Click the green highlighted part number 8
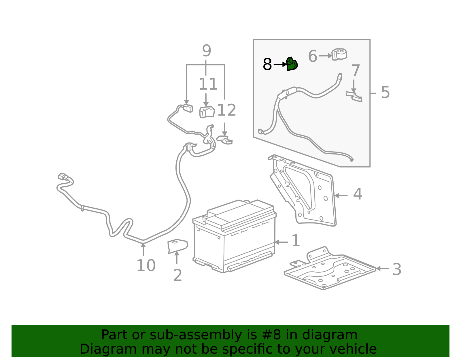[292, 64]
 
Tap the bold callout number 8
[267, 64]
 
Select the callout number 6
[312, 56]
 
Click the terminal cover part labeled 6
[339, 54]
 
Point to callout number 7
[356, 71]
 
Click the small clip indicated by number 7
[354, 96]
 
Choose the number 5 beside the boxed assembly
[385, 93]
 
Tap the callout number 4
[358, 194]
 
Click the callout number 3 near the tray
[397, 269]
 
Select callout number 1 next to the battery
[296, 241]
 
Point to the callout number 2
[177, 275]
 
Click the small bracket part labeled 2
[177, 246]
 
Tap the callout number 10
[146, 265]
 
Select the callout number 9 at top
[206, 51]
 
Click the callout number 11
[208, 84]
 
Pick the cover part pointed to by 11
[207, 112]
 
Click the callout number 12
[226, 110]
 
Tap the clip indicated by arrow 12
[225, 140]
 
